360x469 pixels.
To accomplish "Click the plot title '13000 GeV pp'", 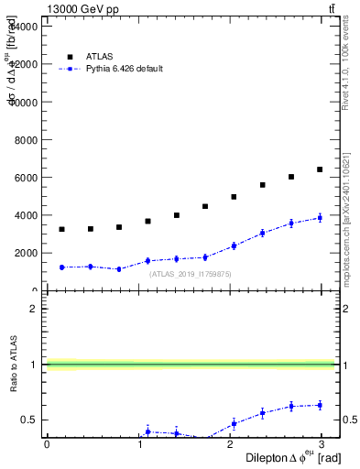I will [x=83, y=9].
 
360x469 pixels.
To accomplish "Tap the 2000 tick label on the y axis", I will [x=26, y=253].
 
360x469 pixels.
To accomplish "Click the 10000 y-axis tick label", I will [x=23, y=101].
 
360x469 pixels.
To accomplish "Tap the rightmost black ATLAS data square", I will [x=320, y=169].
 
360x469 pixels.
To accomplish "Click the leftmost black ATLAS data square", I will [x=61, y=229].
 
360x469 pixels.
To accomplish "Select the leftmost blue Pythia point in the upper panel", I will [x=61, y=267].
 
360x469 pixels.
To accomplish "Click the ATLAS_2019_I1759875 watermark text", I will [x=191, y=274].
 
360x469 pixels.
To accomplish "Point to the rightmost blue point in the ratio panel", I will [x=320, y=405].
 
